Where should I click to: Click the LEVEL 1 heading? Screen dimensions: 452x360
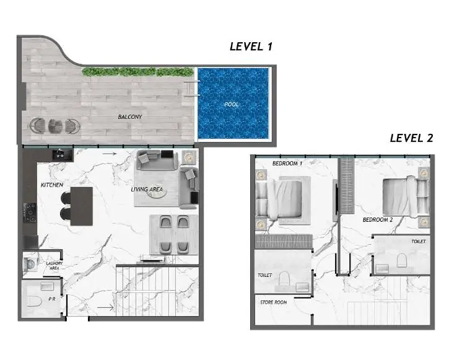pos(251,46)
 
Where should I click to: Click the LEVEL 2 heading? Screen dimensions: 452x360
pos(411,138)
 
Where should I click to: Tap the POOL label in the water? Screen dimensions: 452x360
pos(232,104)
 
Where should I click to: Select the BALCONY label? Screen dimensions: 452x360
pos(130,117)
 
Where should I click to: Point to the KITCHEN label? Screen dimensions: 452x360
pos(52,185)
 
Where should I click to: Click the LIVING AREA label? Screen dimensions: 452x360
pos(147,190)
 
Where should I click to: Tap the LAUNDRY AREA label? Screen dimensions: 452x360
pos(54,266)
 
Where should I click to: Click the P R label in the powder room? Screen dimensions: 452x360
pos(52,299)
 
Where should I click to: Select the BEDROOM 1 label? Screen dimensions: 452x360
pos(287,164)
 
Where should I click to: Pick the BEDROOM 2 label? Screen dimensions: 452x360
pos(378,220)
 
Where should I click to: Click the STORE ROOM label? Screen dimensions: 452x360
pos(274,302)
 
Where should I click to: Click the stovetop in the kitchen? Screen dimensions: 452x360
pos(30,213)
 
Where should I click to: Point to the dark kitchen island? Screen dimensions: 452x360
pos(82,206)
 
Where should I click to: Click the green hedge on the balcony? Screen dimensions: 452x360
pos(138,72)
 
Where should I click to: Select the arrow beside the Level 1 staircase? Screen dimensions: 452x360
pos(105,308)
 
